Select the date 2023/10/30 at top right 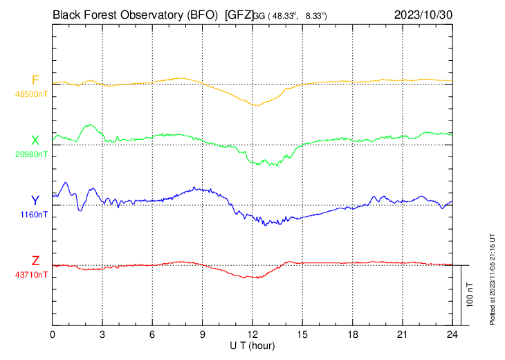423,14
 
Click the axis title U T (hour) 252,345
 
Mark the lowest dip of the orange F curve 256,105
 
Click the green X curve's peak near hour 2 89,125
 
